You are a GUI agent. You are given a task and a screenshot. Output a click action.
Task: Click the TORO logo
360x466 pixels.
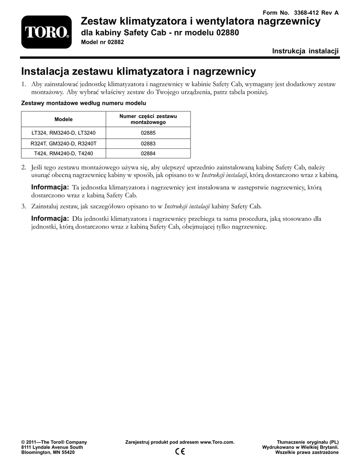[x=46, y=32]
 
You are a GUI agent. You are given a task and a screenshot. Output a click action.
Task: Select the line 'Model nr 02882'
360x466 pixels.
[x=102, y=42]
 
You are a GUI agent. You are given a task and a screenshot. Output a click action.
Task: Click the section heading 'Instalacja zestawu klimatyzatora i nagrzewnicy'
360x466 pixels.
[x=139, y=71]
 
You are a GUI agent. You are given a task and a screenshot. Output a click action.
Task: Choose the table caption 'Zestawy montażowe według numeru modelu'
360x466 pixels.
[x=84, y=104]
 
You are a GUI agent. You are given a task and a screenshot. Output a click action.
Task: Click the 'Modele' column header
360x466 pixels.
[x=64, y=119]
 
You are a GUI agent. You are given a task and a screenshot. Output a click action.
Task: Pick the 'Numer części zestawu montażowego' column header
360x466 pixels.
[x=148, y=119]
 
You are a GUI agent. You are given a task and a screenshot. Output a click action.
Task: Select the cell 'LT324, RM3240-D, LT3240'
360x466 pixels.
[x=64, y=133]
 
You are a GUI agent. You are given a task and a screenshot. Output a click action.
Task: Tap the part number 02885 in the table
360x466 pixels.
[x=148, y=133]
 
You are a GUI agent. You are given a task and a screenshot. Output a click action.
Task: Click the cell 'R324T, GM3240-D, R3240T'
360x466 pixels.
[x=64, y=143]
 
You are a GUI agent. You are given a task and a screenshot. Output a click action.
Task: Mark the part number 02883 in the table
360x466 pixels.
[x=148, y=143]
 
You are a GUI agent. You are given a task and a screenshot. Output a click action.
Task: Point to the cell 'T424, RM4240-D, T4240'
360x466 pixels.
[x=64, y=153]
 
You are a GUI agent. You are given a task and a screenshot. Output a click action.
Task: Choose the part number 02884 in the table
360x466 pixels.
[x=148, y=153]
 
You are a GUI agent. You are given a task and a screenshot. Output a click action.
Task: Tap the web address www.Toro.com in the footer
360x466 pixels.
[x=217, y=442]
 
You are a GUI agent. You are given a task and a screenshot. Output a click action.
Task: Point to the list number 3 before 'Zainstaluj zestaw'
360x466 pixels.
[x=24, y=206]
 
